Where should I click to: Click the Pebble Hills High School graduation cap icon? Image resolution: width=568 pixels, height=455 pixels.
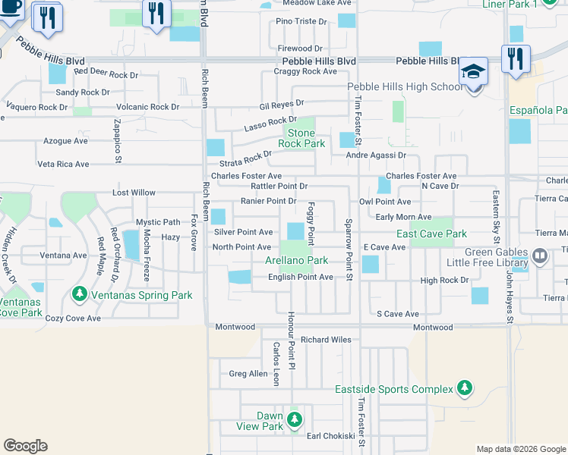pyautogui.click(x=473, y=74)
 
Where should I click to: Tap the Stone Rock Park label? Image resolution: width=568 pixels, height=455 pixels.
pyautogui.click(x=301, y=138)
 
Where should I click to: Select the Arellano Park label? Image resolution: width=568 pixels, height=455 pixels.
pyautogui.click(x=296, y=260)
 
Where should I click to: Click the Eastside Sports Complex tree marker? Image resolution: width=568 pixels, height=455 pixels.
pyautogui.click(x=464, y=389)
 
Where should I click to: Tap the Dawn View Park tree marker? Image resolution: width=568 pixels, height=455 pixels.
pyautogui.click(x=295, y=418)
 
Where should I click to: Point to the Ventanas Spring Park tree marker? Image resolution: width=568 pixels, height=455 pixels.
pyautogui.click(x=79, y=293)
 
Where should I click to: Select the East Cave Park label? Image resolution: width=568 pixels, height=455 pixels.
pyautogui.click(x=431, y=234)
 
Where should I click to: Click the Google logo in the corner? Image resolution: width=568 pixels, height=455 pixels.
pyautogui.click(x=25, y=446)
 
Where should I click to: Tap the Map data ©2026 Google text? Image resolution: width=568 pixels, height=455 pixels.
pyautogui.click(x=521, y=449)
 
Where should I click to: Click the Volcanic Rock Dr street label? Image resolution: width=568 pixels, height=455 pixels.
pyautogui.click(x=143, y=107)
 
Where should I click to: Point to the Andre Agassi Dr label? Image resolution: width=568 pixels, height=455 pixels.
pyautogui.click(x=376, y=155)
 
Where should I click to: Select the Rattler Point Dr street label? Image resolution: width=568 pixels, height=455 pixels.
pyautogui.click(x=279, y=186)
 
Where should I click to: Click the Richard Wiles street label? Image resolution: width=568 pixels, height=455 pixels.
pyautogui.click(x=326, y=340)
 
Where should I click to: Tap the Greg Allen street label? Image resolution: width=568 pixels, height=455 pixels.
pyautogui.click(x=248, y=373)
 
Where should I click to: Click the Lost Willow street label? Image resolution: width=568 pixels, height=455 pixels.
pyautogui.click(x=134, y=193)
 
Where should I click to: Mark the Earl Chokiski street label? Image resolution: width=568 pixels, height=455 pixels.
pyautogui.click(x=330, y=436)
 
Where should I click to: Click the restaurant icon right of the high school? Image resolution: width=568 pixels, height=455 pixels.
pyautogui.click(x=515, y=59)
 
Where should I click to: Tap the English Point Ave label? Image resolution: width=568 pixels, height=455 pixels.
pyautogui.click(x=301, y=278)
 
